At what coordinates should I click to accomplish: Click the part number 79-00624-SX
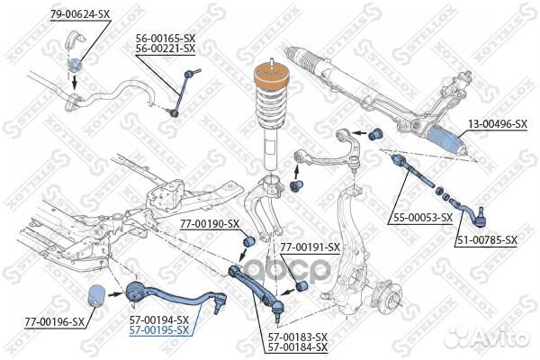click(x=78, y=13)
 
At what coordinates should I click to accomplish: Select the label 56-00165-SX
click(x=166, y=38)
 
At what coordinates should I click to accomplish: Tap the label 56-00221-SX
click(x=166, y=49)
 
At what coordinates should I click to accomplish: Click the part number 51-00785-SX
click(x=486, y=240)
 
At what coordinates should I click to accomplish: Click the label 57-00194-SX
click(x=157, y=319)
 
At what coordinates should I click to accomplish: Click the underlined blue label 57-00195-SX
click(x=157, y=330)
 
